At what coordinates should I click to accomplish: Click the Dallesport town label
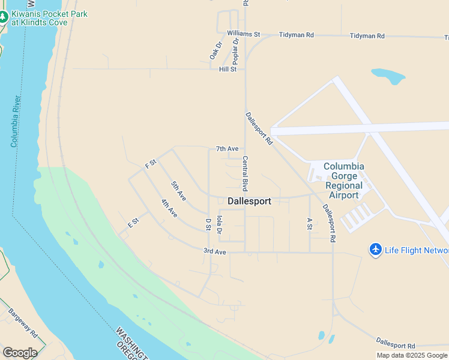pos(249,202)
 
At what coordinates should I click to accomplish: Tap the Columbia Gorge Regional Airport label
pos(344,181)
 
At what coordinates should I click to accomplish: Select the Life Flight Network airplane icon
pos(376,249)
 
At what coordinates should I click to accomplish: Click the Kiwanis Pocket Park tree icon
pos(4,17)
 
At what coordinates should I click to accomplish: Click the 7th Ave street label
pos(228,149)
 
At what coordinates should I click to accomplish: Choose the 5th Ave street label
pos(178,191)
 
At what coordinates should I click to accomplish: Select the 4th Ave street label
pos(169,208)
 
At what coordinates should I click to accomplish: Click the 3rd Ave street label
pos(214,252)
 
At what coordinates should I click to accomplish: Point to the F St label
pos(151,163)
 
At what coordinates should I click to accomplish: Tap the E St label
pos(133,222)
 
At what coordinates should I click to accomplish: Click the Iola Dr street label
pos(220,224)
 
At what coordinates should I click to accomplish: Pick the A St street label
pos(310,224)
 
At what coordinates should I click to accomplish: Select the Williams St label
pos(243,34)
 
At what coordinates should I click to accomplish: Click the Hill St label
pos(228,70)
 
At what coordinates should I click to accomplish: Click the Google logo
pos(20,353)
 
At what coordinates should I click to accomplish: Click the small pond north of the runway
pos(388,75)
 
